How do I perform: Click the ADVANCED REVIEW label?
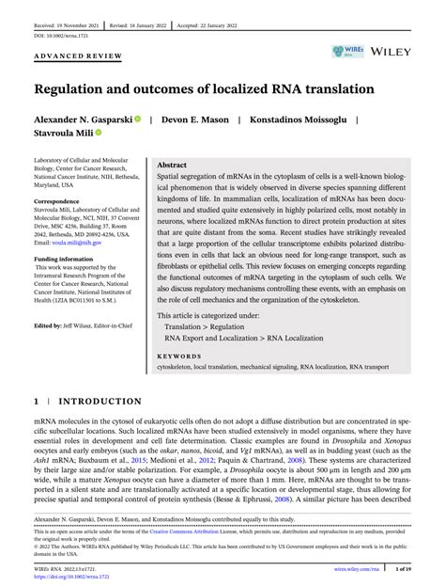coord(78,56)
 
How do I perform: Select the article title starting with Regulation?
coord(205,89)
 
